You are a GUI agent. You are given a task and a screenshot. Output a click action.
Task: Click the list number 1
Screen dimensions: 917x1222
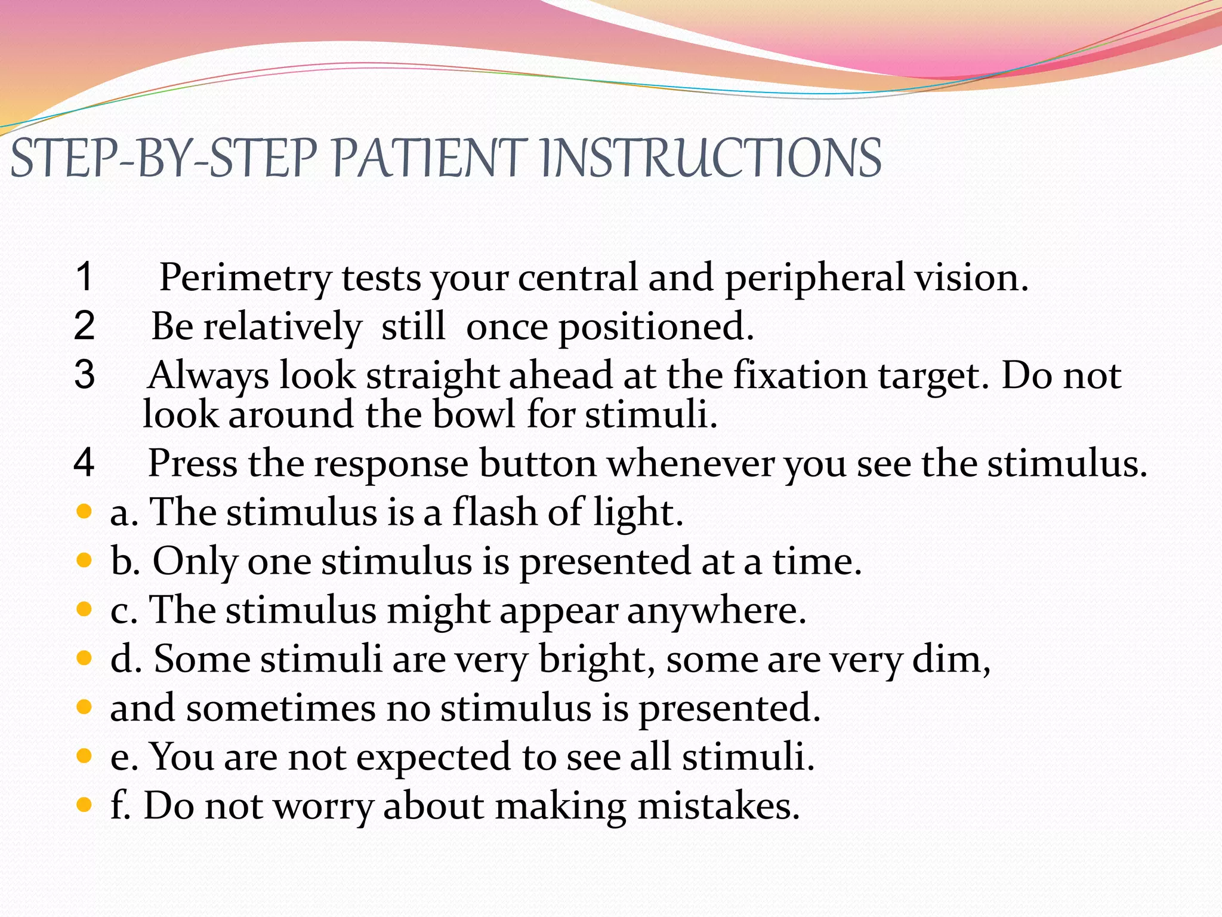(x=85, y=277)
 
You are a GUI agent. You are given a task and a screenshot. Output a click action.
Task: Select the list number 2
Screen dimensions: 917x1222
(x=84, y=326)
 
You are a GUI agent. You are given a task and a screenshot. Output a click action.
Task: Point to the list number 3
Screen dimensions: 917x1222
(x=84, y=375)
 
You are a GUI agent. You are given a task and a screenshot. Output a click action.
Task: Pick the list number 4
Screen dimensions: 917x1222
(x=84, y=463)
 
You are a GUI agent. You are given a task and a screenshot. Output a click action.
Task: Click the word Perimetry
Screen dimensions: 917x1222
(x=245, y=278)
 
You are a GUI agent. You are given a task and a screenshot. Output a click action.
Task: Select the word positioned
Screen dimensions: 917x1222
(x=656, y=327)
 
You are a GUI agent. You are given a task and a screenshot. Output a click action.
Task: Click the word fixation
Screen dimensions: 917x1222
(x=800, y=376)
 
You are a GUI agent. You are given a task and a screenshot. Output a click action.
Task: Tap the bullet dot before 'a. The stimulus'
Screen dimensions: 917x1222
(x=84, y=511)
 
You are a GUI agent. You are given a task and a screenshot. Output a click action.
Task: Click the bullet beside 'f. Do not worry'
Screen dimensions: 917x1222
(x=84, y=805)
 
